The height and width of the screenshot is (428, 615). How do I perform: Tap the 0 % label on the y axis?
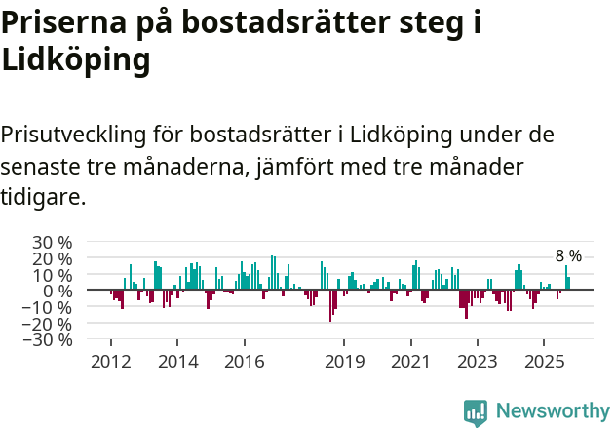click(x=58, y=291)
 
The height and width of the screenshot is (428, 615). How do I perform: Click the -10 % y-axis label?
click(x=50, y=307)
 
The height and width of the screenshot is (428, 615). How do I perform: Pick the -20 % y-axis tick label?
click(x=50, y=324)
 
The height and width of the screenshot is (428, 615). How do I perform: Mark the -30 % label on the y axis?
click(x=50, y=340)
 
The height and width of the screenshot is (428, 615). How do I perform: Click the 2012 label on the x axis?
click(x=110, y=362)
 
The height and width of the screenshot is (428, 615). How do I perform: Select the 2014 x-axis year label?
click(x=177, y=362)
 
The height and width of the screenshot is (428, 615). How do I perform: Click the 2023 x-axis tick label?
click(x=478, y=362)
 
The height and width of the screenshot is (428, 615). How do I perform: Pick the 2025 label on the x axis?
click(x=544, y=362)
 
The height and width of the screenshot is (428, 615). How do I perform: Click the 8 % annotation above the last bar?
click(x=568, y=256)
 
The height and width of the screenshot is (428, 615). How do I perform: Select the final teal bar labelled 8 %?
click(x=569, y=284)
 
